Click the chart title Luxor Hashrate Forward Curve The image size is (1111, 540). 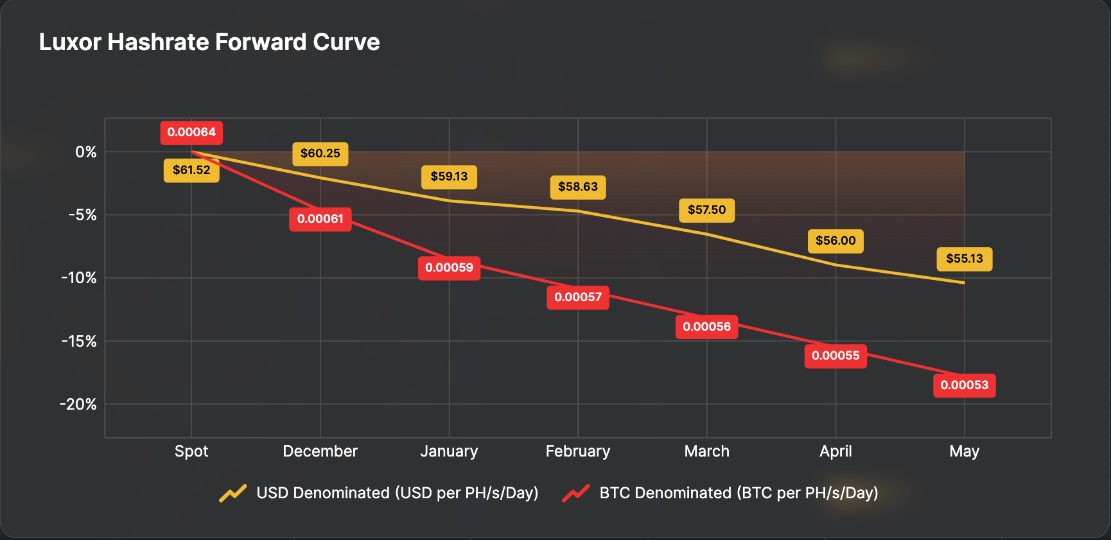[x=209, y=42]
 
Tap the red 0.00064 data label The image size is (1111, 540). [x=191, y=132]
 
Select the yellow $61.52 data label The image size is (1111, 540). [x=191, y=170]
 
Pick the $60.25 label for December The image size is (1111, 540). [x=320, y=153]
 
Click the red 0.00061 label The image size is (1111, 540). [x=320, y=219]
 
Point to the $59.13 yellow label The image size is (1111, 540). [x=449, y=177]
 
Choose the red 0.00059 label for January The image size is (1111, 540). [x=449, y=268]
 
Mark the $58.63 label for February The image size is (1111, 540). [x=578, y=187]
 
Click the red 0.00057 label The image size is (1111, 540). [x=578, y=297]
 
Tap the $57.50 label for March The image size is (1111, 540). [x=706, y=210]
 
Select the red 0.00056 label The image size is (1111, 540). [x=706, y=327]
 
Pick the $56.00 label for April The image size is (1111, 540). [x=835, y=241]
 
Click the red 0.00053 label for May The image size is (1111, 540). [x=964, y=385]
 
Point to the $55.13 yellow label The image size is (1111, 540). [x=964, y=259]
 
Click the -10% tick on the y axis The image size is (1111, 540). [x=79, y=278]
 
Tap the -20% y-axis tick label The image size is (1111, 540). [x=78, y=405]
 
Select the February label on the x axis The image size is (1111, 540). [x=578, y=451]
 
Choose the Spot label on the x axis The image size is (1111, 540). [x=191, y=451]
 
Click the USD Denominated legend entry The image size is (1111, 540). [x=379, y=493]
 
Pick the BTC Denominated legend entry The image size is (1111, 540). [x=721, y=493]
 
